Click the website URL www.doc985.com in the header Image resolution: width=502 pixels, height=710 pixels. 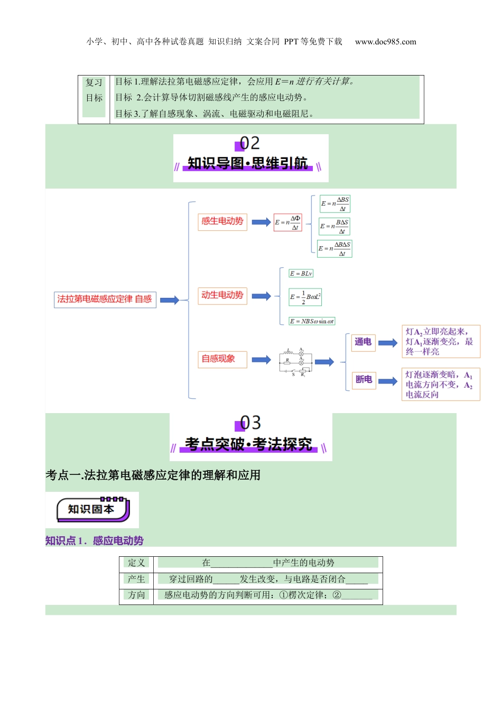(385, 42)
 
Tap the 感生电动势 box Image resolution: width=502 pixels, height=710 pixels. (222, 221)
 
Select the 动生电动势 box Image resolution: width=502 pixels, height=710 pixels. (222, 295)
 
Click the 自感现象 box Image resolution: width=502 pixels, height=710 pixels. (222, 359)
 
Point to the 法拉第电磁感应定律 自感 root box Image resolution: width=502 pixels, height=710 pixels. (105, 300)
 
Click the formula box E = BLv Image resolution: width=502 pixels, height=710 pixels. (301, 274)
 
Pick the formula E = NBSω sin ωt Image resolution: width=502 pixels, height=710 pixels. (312, 321)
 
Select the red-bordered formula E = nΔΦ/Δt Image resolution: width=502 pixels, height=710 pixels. (288, 222)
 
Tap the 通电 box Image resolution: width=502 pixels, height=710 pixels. (363, 342)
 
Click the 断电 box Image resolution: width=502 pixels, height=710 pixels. (364, 379)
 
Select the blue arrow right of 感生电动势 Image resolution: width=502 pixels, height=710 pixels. (261, 222)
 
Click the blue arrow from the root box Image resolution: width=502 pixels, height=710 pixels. (170, 301)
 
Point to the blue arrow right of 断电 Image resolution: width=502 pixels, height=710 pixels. (388, 381)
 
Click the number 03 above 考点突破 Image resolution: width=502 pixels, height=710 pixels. (249, 423)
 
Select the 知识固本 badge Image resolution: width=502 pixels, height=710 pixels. (92, 510)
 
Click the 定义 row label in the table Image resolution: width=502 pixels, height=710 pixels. (136, 563)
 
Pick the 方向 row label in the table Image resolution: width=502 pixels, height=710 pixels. (136, 595)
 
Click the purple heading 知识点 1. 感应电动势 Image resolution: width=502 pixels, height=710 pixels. (95, 541)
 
